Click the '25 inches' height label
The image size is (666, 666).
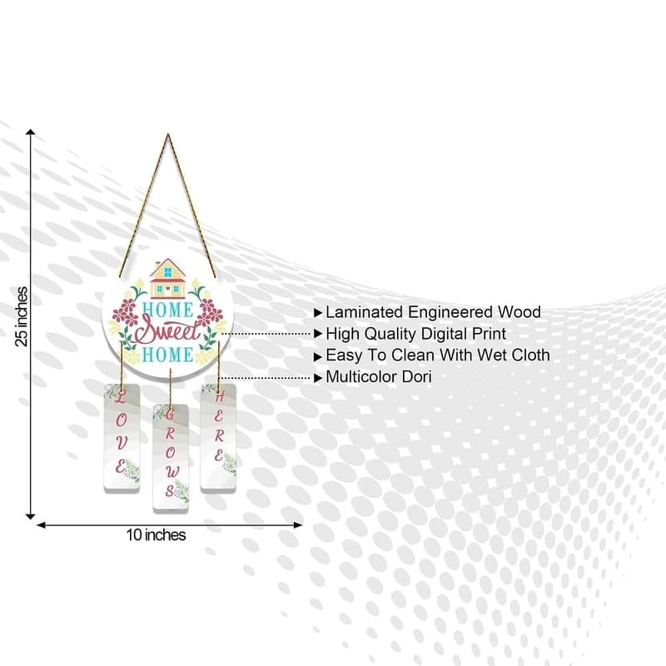click(22, 317)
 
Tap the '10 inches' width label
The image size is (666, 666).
click(156, 534)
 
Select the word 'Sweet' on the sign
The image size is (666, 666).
click(167, 332)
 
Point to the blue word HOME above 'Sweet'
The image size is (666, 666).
click(167, 310)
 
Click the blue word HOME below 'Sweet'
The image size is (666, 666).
click(167, 355)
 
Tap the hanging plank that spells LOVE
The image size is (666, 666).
click(122, 439)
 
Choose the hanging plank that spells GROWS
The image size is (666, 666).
click(171, 459)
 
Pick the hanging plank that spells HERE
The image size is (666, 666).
click(218, 438)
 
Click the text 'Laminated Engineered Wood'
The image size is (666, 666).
click(433, 312)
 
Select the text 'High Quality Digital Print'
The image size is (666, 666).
click(415, 334)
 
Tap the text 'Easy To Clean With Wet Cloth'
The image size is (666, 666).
click(438, 355)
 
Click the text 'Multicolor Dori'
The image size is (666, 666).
click(379, 377)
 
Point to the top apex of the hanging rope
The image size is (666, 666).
click(168, 135)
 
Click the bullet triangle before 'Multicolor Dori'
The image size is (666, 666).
click(318, 378)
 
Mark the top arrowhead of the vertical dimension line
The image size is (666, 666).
click(31, 132)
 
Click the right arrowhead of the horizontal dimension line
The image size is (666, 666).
click(298, 525)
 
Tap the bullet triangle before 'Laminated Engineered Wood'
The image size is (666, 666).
click(318, 313)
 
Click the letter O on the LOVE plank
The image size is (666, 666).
click(121, 420)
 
